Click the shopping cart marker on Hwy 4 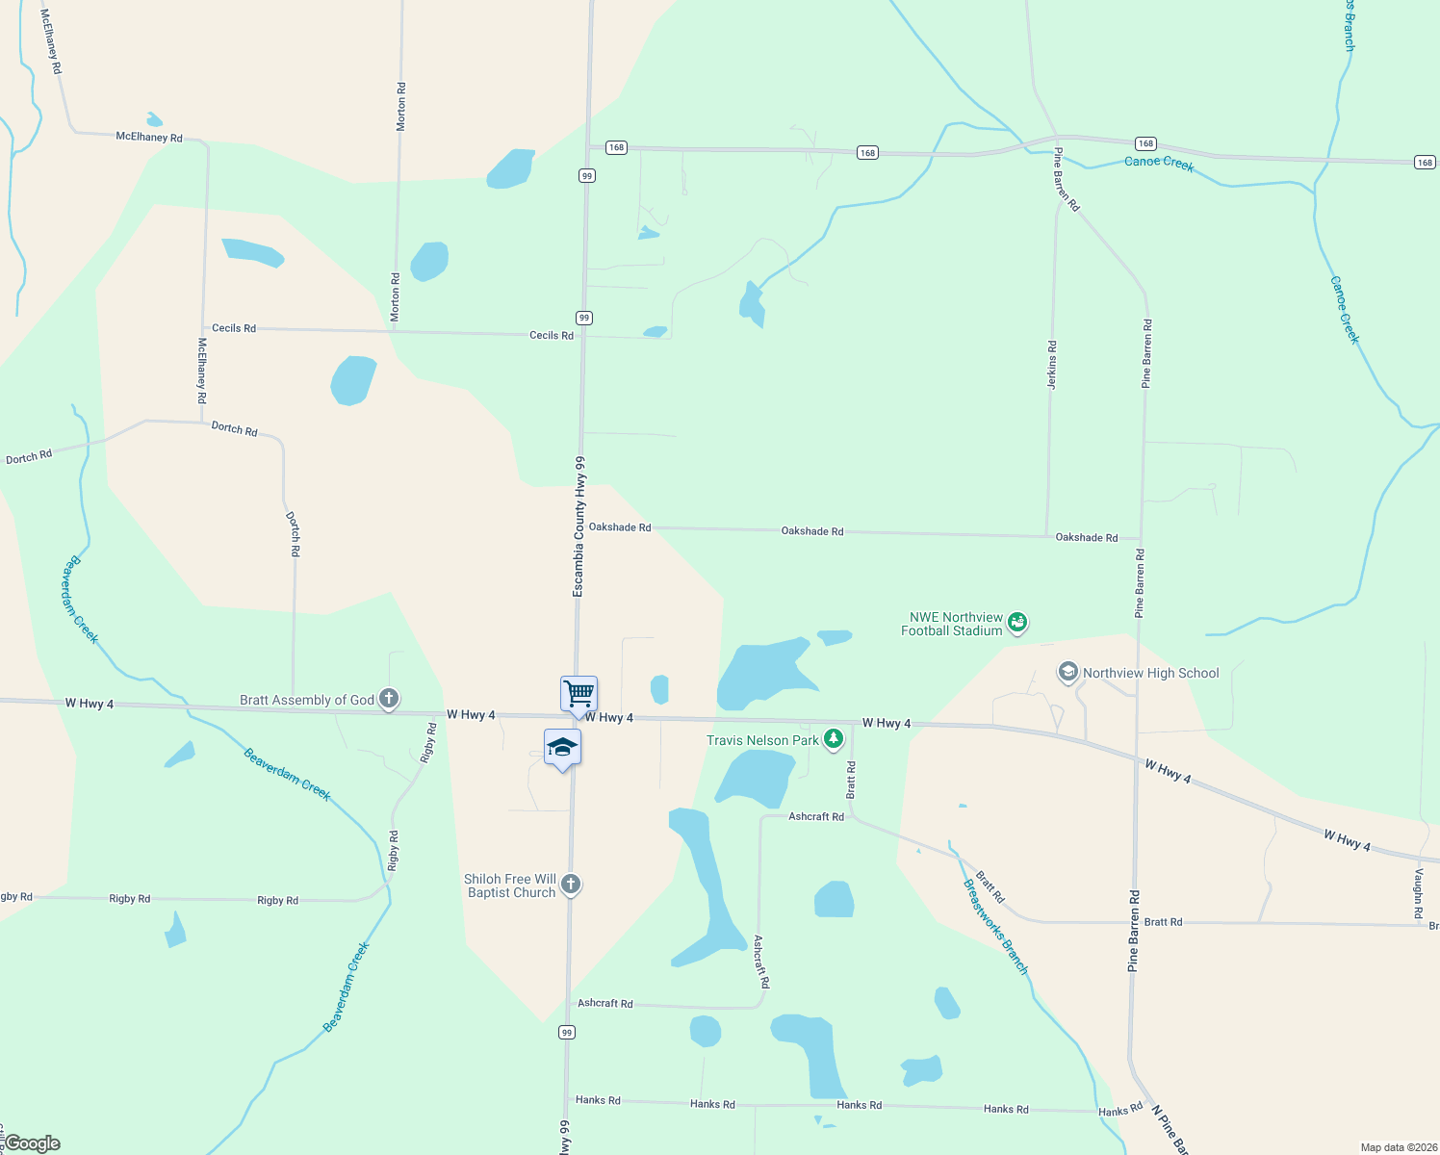[x=579, y=693]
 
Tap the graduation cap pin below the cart [x=562, y=748]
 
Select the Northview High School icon [x=1067, y=672]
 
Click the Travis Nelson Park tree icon [x=834, y=739]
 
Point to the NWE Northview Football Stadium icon [x=1016, y=624]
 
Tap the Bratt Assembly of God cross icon [x=389, y=699]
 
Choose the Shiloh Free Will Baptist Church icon [x=571, y=885]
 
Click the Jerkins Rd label [x=1052, y=365]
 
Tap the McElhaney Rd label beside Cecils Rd [x=202, y=371]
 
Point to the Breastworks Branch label [x=996, y=927]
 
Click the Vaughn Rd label [x=1418, y=893]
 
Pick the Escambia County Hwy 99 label [x=579, y=526]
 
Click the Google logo [x=33, y=1143]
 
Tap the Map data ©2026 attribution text [x=1397, y=1147]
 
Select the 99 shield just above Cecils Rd [x=584, y=318]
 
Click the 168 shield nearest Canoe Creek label [x=1144, y=143]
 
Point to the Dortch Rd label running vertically [x=294, y=534]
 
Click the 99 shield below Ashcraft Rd [x=567, y=1032]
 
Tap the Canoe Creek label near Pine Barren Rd [x=1159, y=164]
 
